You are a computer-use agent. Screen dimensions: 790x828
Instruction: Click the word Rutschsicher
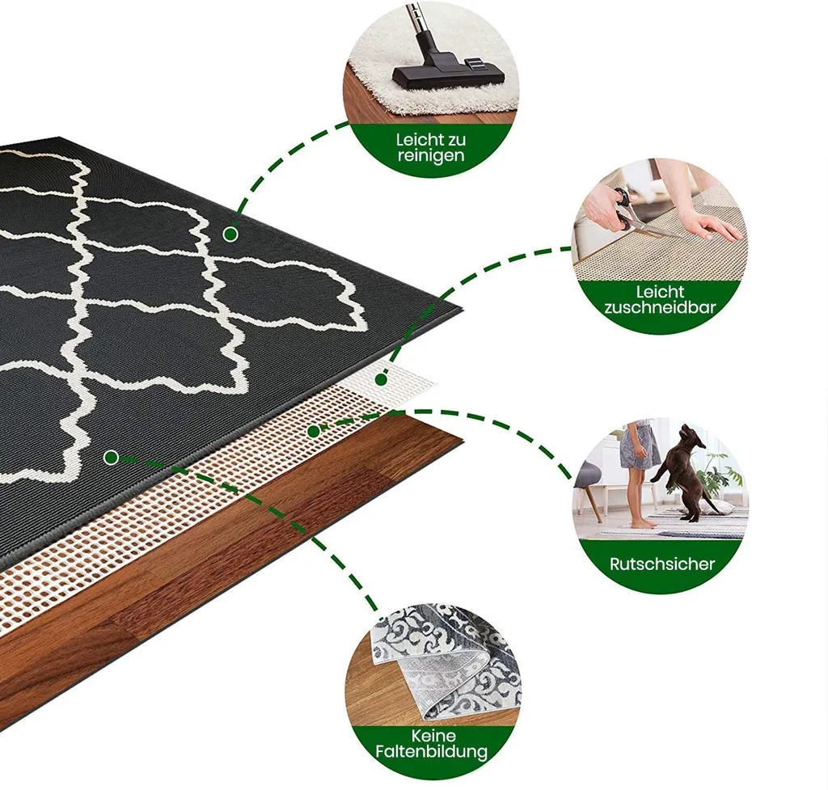[662, 563]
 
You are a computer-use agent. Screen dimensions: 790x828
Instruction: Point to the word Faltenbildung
[432, 752]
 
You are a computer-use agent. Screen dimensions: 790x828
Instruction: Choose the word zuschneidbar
[660, 308]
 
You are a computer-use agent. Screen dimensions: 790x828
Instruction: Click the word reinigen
[431, 156]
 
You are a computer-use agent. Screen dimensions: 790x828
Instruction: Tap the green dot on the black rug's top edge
[230, 234]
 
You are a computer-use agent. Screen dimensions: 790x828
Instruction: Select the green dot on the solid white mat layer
[382, 378]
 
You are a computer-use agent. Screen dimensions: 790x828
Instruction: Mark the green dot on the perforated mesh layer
[314, 430]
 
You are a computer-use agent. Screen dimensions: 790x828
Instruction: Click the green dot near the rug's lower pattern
[112, 458]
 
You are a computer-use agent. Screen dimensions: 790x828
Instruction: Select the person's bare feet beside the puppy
[644, 522]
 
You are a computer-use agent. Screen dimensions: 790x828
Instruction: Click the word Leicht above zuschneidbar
[660, 291]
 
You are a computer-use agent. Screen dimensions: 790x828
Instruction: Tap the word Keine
[433, 736]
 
